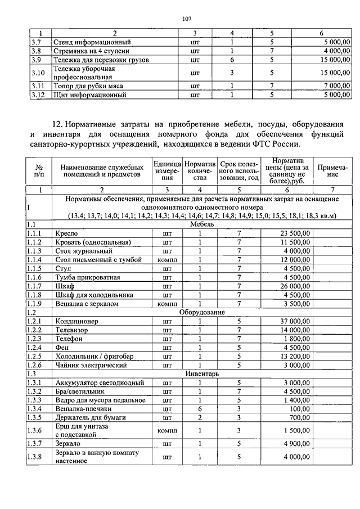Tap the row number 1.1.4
[37, 259]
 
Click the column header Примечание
[332, 170]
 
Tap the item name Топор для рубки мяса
[88, 85]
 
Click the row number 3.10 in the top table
[37, 73]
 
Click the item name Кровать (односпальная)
[93, 242]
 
